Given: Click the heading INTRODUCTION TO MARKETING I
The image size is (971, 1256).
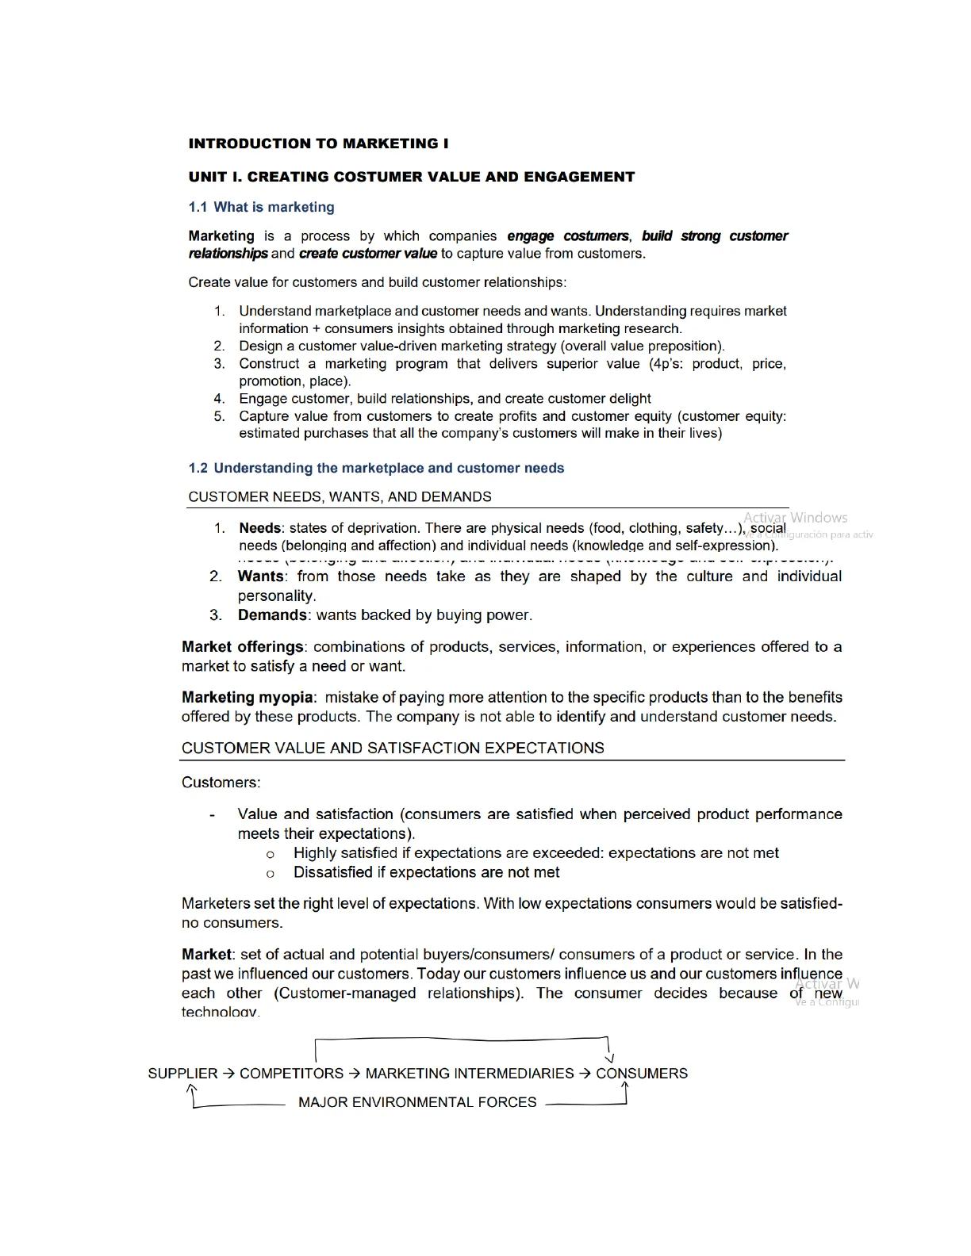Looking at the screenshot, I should (x=318, y=144).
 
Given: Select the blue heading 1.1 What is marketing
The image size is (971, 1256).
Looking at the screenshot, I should (x=261, y=207).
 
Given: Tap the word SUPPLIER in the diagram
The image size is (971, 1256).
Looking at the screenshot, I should (x=182, y=1074).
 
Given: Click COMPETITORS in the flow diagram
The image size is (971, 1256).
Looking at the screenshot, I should (x=292, y=1074).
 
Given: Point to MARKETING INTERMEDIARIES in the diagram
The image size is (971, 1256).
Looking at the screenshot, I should (x=470, y=1074).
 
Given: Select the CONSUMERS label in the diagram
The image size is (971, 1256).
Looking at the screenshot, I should (x=642, y=1074).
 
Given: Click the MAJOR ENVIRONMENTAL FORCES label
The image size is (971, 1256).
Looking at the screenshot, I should (x=417, y=1102).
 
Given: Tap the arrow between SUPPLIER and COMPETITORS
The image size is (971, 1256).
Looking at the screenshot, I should (x=228, y=1074).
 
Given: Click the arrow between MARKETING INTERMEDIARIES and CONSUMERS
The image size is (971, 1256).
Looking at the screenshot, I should (x=585, y=1074).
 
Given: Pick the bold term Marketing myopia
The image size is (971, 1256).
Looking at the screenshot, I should (x=248, y=697).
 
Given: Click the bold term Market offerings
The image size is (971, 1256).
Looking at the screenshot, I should (x=243, y=646).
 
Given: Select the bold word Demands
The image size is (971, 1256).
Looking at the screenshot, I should (x=272, y=615).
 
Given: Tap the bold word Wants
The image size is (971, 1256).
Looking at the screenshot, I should (x=260, y=576).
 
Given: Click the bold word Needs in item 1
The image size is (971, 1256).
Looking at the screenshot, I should (x=260, y=528).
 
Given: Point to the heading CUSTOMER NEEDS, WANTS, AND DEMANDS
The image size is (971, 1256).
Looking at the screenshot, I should (x=340, y=497).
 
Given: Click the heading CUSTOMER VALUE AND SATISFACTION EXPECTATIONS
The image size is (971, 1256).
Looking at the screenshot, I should (x=393, y=748).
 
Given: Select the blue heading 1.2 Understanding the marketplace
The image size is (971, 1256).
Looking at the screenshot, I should (x=376, y=468).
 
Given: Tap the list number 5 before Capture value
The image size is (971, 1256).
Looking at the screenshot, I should (x=219, y=416).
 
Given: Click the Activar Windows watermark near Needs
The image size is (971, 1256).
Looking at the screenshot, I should (x=795, y=518).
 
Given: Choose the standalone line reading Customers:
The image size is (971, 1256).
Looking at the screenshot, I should (x=221, y=783).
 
